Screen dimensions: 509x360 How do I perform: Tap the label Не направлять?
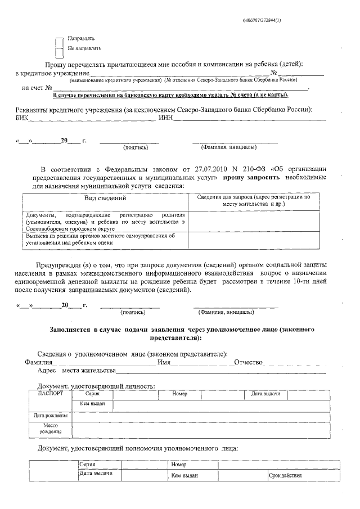(x=84, y=49)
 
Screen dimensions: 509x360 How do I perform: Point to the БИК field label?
(x=21, y=118)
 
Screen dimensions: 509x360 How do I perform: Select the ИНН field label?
(x=166, y=118)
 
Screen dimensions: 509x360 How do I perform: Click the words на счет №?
(x=37, y=88)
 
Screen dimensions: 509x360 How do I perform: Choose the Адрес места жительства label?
(x=76, y=371)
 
